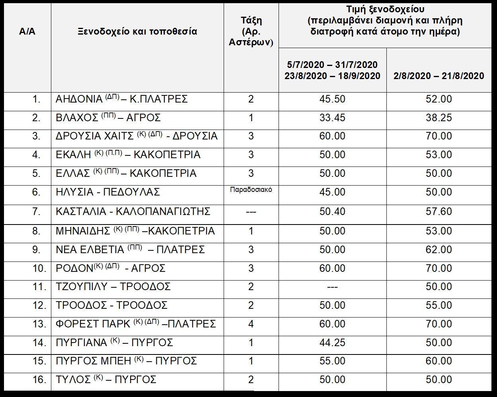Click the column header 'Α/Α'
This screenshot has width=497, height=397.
tap(27, 32)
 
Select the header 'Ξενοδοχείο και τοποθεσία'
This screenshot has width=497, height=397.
tap(137, 32)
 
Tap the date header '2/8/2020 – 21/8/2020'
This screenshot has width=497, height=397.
tap(439, 76)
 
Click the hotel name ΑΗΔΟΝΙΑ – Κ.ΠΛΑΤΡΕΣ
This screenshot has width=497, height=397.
tap(122, 99)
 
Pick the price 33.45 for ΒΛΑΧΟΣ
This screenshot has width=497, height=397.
tap(332, 118)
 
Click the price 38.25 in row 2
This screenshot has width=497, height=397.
tap(439, 118)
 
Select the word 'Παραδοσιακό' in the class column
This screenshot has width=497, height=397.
tap(251, 190)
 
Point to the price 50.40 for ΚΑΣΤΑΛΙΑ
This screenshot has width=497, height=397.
tap(332, 211)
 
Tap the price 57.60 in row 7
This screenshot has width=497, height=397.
tap(439, 211)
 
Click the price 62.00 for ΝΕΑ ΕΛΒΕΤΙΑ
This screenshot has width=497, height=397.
tap(439, 250)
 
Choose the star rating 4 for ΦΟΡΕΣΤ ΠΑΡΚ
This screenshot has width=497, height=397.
tap(251, 324)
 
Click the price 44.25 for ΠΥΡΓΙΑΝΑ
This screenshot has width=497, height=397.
tap(332, 343)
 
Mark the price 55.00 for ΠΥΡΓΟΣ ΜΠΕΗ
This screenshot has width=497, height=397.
tap(332, 361)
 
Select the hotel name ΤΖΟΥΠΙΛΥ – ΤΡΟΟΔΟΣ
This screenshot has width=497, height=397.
tap(113, 287)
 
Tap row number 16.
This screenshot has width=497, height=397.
tap(39, 380)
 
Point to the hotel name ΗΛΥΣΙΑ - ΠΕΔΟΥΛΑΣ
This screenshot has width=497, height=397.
tap(108, 192)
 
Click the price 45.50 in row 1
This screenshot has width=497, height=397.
tap(332, 99)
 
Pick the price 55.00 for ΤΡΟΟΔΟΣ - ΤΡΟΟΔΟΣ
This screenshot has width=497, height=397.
tap(439, 305)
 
